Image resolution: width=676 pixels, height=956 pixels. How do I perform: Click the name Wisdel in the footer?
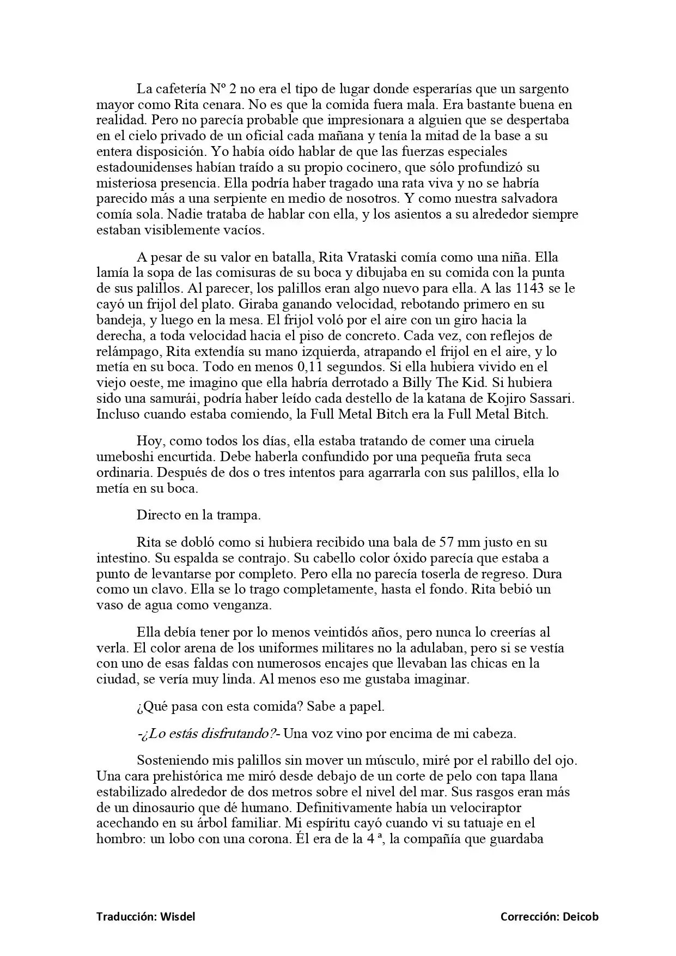177,916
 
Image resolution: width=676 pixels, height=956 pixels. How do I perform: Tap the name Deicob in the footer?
580,916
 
